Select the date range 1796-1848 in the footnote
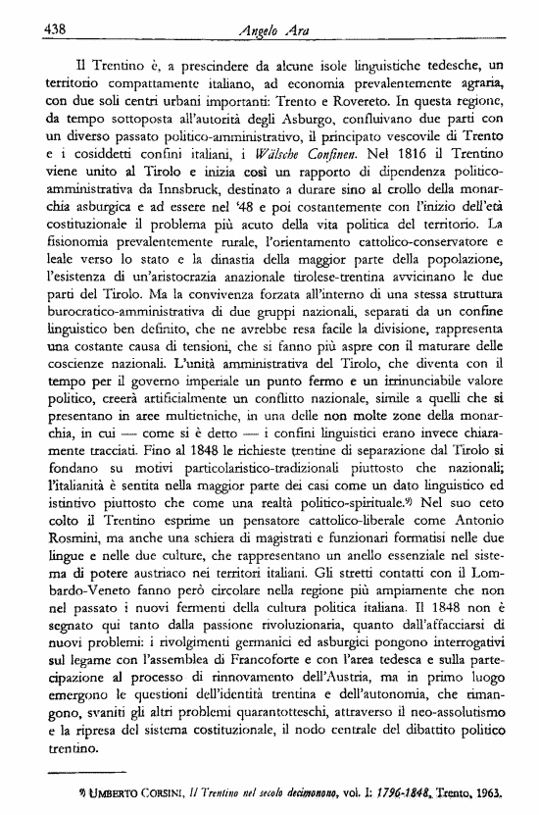tap(413, 798)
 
